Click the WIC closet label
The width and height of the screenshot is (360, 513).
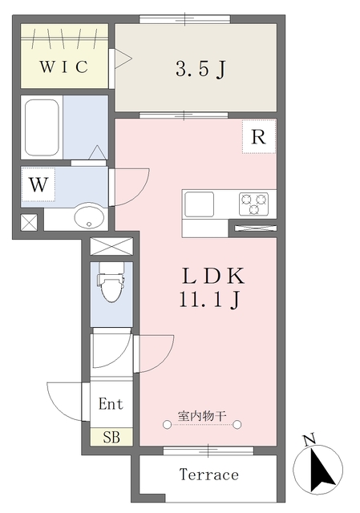64,67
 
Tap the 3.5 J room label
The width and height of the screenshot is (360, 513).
200,69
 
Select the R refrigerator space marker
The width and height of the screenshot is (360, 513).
259,136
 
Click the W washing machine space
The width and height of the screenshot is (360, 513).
38,184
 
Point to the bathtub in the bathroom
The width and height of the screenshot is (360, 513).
42,127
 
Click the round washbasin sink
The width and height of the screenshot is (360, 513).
89,216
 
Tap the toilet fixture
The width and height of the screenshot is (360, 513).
111,282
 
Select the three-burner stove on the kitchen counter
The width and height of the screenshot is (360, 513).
253,204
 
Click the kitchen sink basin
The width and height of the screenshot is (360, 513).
200,204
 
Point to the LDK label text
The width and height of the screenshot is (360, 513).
213,277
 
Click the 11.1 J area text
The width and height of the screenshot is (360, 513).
210,299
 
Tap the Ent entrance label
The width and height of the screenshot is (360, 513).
111,404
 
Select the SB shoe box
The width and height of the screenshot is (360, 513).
111,437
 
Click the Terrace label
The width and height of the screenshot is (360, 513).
209,475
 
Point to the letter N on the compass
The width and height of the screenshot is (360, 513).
309,440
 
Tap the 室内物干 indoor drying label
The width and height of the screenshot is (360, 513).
202,416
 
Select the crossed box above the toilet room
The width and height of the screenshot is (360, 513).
111,246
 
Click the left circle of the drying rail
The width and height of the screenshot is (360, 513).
167,425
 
